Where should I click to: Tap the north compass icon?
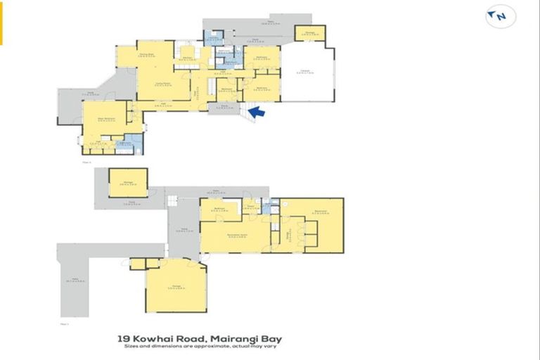[496, 15]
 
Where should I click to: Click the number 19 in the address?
[124, 338]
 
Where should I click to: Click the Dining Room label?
[147, 54]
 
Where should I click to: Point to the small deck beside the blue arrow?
[225, 107]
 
